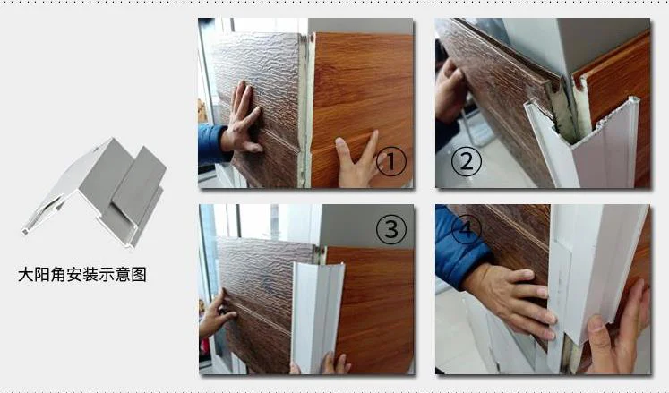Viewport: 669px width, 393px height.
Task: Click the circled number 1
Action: pyautogui.click(x=391, y=162)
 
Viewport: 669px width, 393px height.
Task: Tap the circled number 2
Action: pyautogui.click(x=466, y=162)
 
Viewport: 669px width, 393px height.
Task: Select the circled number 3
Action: pyautogui.click(x=390, y=230)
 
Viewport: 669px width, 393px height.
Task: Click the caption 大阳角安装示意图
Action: pyautogui.click(x=81, y=275)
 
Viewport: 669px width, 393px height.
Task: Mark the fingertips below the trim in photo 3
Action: pyautogui.click(x=333, y=364)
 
